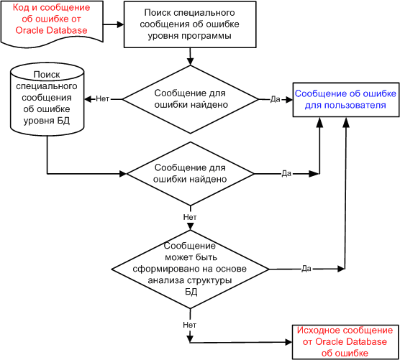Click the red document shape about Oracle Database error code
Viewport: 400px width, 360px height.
[x=52, y=23]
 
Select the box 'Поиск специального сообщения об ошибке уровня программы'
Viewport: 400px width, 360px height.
[x=190, y=24]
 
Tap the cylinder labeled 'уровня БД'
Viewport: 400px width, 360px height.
[x=47, y=99]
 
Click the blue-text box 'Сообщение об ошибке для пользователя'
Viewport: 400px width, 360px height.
[x=345, y=100]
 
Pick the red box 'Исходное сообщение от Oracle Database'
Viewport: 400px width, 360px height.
[x=345, y=342]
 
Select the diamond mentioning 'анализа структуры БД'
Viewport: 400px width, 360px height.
[x=191, y=269]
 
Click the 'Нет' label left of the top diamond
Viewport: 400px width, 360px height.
[x=103, y=99]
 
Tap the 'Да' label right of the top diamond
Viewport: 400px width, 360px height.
[x=276, y=99]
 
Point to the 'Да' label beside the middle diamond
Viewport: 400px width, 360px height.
[x=286, y=173]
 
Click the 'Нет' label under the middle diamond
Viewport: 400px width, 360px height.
[x=190, y=217]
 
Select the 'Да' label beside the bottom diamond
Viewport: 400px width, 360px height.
[x=306, y=269]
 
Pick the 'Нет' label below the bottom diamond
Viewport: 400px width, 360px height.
[x=189, y=325]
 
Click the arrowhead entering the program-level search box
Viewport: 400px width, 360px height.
[x=120, y=24]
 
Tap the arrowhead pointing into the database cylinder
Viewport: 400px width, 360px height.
[x=88, y=99]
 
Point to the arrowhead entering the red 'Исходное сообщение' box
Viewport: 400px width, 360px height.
[x=288, y=342]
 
